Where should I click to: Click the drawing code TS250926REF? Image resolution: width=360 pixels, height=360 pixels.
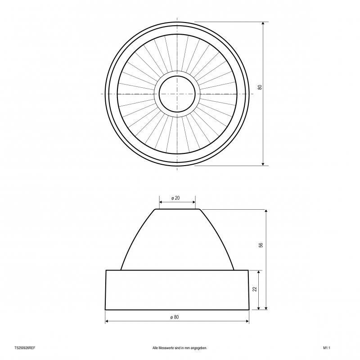(x=25, y=348)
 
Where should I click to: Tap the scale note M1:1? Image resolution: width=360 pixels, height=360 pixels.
(x=327, y=348)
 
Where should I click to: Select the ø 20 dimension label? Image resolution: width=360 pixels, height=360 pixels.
(x=175, y=198)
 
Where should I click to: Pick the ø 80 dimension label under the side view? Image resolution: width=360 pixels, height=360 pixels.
(x=175, y=317)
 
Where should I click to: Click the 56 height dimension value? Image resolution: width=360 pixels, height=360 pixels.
(x=261, y=245)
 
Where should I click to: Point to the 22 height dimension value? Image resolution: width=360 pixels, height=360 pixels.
(x=255, y=289)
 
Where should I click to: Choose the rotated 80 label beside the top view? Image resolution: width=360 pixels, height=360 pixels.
(x=260, y=87)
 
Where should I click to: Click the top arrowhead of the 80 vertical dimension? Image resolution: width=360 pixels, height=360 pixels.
(x=263, y=24)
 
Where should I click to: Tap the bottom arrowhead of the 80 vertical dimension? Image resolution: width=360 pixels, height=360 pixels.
(x=263, y=163)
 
